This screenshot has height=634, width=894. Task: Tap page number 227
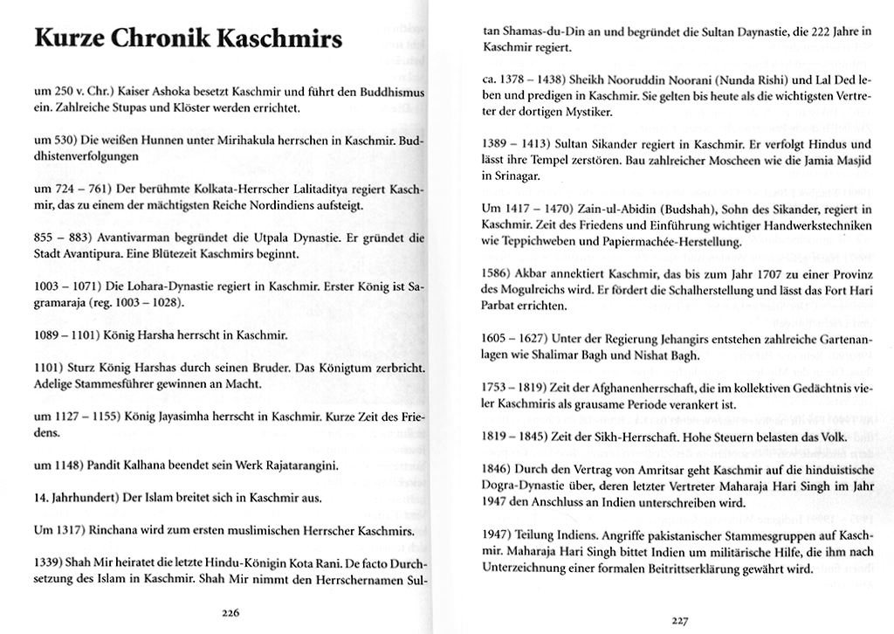pos(681,621)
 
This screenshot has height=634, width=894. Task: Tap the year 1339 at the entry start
pos(47,563)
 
